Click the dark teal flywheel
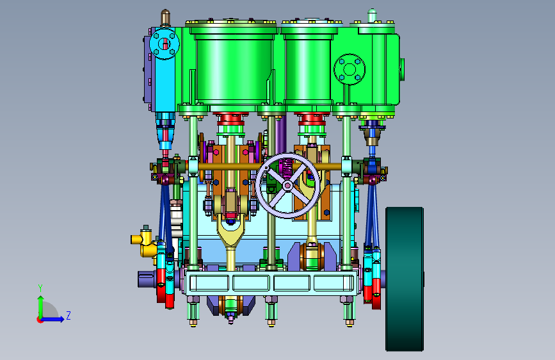pos(405,279)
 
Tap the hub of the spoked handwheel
pos(287,185)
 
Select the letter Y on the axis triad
pos(40,288)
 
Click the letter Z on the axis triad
pos(68,315)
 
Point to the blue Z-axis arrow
pos(52,319)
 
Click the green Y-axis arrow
pos(40,307)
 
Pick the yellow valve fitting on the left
pos(143,243)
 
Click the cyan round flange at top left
pos(165,44)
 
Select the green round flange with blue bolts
pos(350,69)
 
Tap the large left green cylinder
pos(232,67)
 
